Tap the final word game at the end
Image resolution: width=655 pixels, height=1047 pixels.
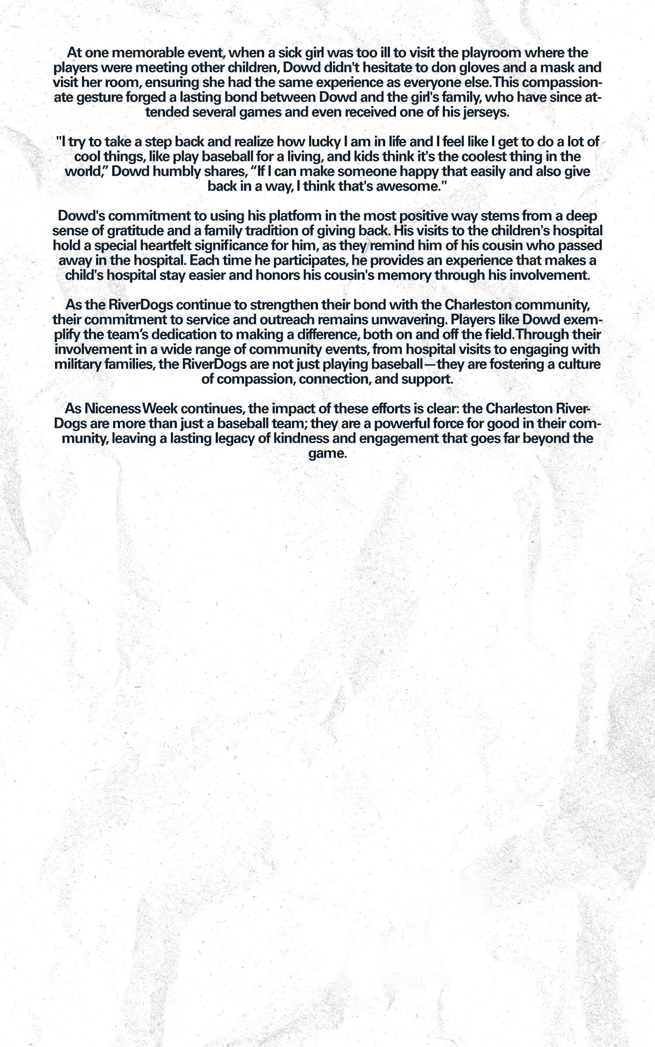point(327,454)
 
